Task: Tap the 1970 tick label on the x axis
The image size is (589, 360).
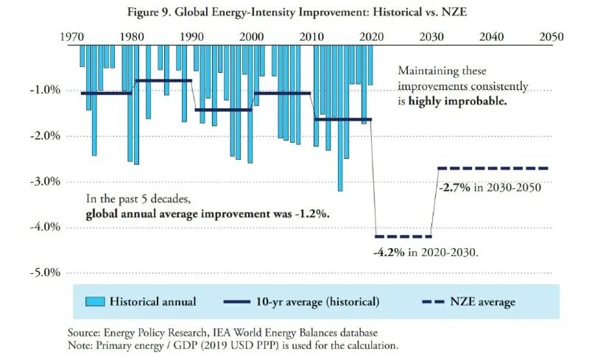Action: click(x=71, y=36)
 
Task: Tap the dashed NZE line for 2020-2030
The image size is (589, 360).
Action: click(x=403, y=236)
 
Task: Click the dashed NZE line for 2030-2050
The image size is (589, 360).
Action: click(x=493, y=169)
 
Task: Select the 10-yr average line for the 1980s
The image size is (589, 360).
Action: click(x=163, y=80)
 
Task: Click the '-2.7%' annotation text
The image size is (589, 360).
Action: click(x=454, y=187)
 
